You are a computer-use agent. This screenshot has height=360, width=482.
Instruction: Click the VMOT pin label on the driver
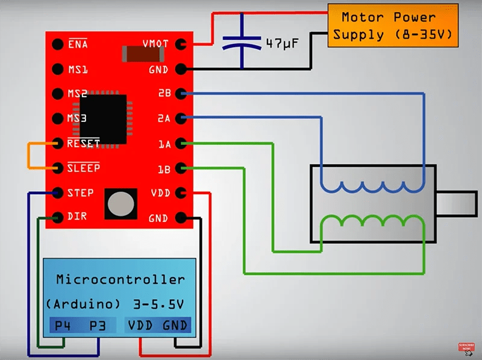point(155,45)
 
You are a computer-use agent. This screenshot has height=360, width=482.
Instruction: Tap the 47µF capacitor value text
point(283,43)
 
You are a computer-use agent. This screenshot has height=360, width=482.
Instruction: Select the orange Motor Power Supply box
point(392,26)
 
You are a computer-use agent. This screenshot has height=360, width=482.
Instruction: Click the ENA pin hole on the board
point(58,45)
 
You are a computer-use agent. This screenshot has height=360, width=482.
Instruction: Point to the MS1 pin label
point(78,69)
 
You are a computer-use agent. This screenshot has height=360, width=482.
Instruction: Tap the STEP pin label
point(81,193)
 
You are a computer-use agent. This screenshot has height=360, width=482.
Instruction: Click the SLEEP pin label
point(83,168)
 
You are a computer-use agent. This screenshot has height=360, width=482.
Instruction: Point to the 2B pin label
point(164,94)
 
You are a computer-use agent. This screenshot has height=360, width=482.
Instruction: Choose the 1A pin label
point(164,144)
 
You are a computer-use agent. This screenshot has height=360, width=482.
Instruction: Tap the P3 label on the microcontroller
point(98,326)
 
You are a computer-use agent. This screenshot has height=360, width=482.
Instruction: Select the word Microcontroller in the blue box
point(120,280)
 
